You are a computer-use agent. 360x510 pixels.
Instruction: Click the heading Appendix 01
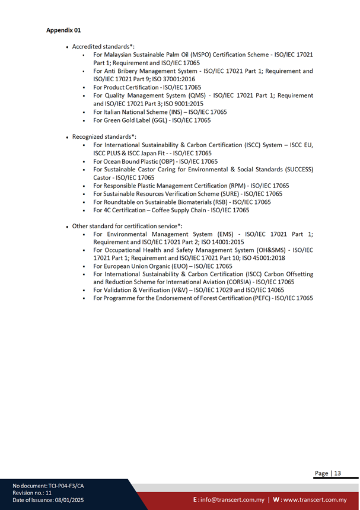(x=63, y=30)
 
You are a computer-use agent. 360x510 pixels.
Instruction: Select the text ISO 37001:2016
(x=174, y=79)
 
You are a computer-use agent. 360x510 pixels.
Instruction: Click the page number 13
(x=337, y=473)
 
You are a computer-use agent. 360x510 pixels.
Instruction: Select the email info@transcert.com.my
(x=232, y=500)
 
